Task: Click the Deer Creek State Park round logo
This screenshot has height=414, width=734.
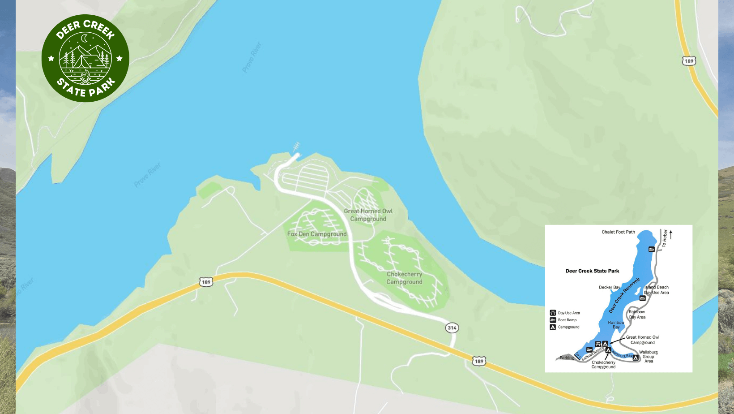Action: point(85,58)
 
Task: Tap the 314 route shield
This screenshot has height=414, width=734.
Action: point(452,328)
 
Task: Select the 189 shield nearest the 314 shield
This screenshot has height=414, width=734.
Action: point(479,361)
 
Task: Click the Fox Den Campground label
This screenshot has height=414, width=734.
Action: point(317,234)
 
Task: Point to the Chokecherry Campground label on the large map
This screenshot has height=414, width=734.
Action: point(405,278)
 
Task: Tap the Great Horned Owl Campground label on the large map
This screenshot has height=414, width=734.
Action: point(368,215)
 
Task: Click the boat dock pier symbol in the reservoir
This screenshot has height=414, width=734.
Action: point(295,147)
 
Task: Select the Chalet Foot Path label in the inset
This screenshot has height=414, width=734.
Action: point(618,232)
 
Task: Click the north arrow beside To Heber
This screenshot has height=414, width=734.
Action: point(670,234)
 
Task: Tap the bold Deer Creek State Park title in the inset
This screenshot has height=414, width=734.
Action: point(592,271)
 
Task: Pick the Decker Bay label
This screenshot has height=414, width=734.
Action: point(609,287)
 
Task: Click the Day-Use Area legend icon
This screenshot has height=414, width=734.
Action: point(553,313)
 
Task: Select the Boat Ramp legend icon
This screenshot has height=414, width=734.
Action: point(553,320)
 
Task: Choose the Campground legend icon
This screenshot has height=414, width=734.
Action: point(553,327)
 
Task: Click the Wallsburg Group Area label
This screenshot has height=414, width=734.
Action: point(649,357)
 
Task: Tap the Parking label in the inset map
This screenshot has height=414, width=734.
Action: point(566,358)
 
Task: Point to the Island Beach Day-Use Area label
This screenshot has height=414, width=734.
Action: point(657,290)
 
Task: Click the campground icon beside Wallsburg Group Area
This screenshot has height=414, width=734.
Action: point(636,357)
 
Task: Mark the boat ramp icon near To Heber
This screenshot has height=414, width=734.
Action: point(652,249)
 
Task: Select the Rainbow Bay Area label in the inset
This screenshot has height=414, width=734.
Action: point(637,315)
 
